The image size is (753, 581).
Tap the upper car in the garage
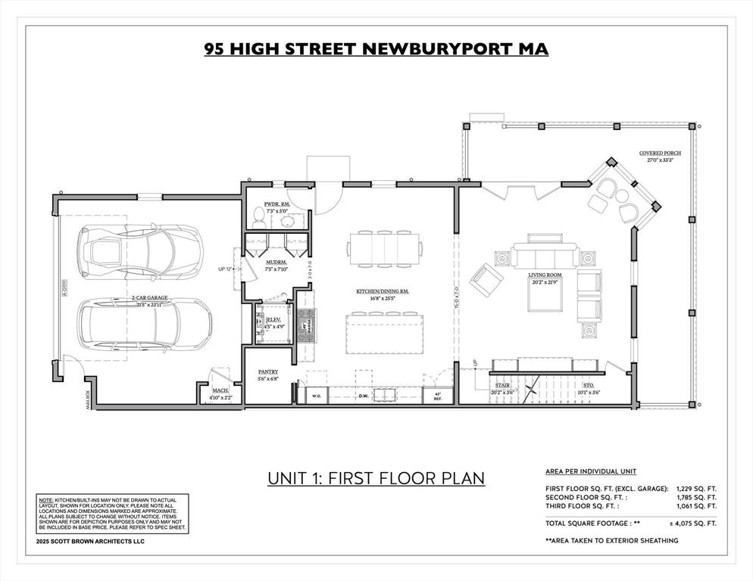(140, 250)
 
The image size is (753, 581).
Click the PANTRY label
(267, 371)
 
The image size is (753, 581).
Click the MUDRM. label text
(273, 263)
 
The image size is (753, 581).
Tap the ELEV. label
(274, 320)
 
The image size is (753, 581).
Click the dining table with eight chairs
(384, 247)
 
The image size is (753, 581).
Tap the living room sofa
(544, 255)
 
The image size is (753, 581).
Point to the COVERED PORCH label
(659, 153)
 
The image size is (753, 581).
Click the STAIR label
(503, 385)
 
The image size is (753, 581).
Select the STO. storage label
(588, 385)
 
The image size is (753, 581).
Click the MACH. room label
(221, 390)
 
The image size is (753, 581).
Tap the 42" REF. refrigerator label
(437, 396)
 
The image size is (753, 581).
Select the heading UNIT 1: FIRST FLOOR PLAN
(376, 478)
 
